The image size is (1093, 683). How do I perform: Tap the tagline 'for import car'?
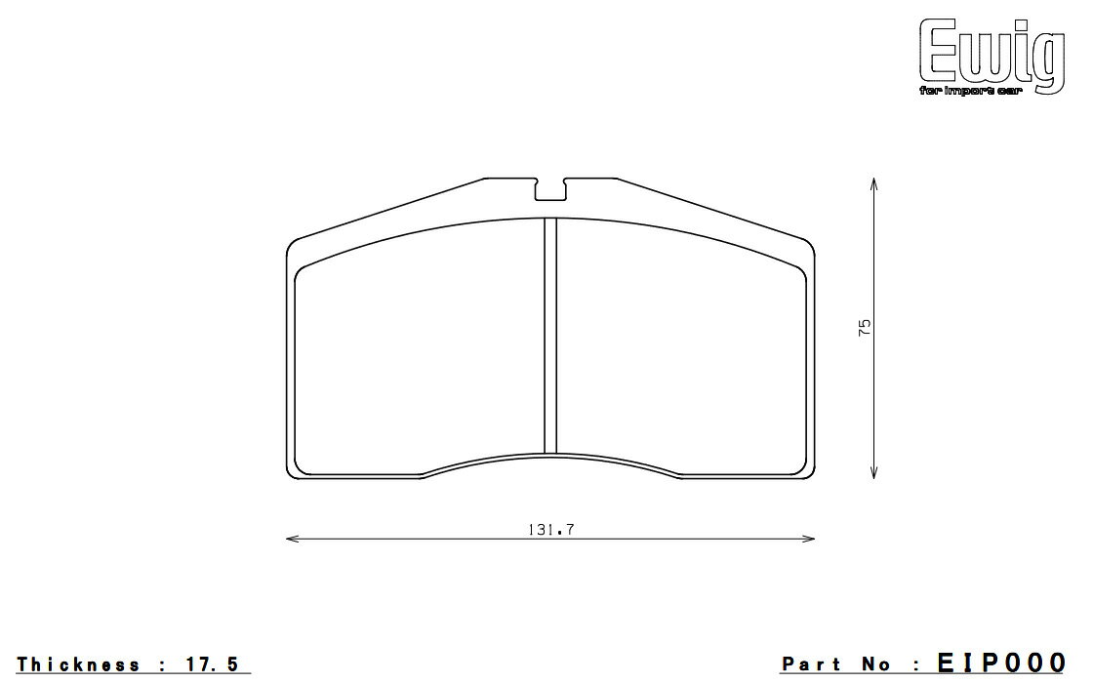970,92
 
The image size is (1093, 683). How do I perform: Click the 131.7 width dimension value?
550,530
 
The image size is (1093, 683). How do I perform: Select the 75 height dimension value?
865,328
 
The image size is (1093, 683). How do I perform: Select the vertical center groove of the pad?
550,336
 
